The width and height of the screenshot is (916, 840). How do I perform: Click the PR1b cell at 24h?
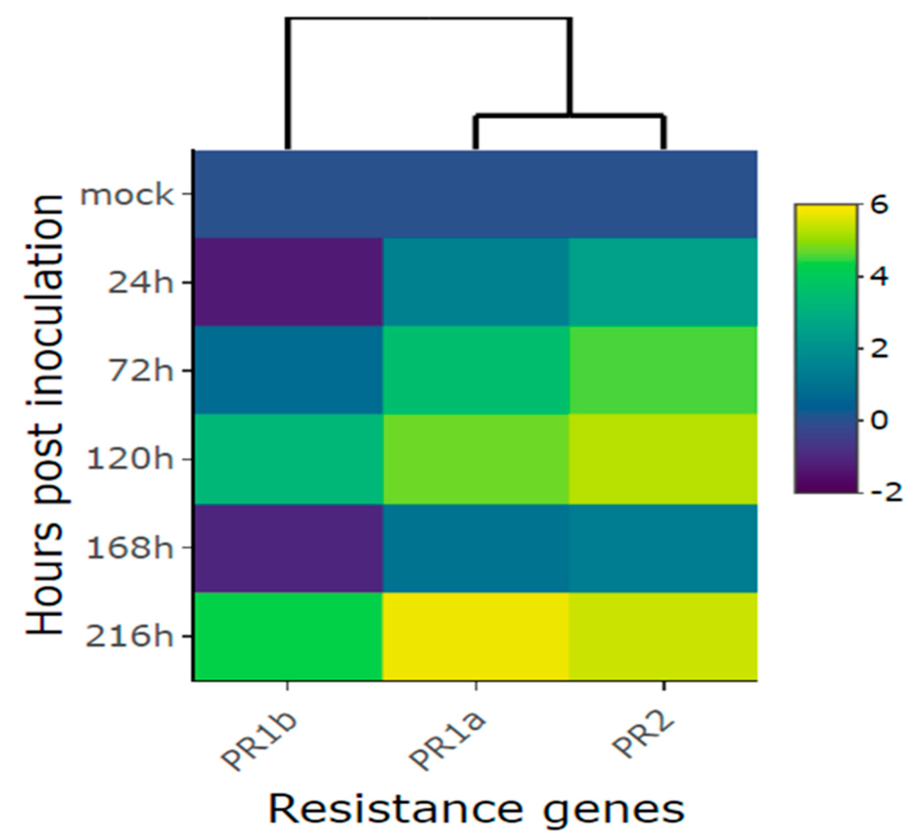(x=288, y=282)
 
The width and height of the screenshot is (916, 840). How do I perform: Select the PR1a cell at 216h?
(x=475, y=636)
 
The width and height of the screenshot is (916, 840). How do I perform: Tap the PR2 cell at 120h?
(x=663, y=459)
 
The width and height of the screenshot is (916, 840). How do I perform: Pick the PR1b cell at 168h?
(x=288, y=548)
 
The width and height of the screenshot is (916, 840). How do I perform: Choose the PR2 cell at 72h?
(x=663, y=370)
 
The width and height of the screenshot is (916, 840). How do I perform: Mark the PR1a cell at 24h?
(x=475, y=282)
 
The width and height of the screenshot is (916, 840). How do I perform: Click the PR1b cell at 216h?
(x=288, y=636)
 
